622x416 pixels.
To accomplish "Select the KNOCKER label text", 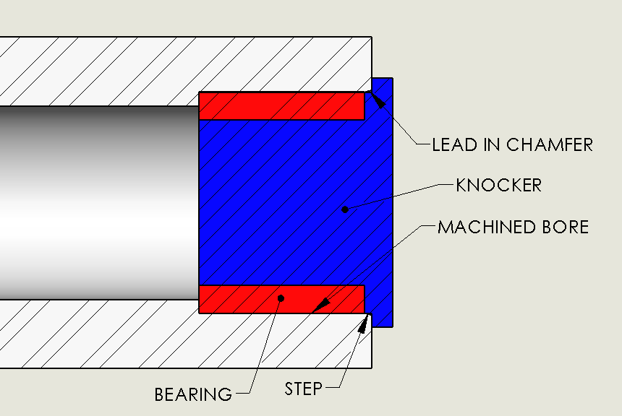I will coord(498,185).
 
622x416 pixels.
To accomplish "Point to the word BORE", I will coord(565,227).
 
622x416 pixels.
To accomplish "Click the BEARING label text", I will coord(193,394).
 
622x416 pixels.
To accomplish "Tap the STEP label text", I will coord(303,389).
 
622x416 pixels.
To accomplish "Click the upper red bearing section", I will coord(281,105).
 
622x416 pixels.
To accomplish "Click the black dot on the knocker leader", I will coord(345,209).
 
